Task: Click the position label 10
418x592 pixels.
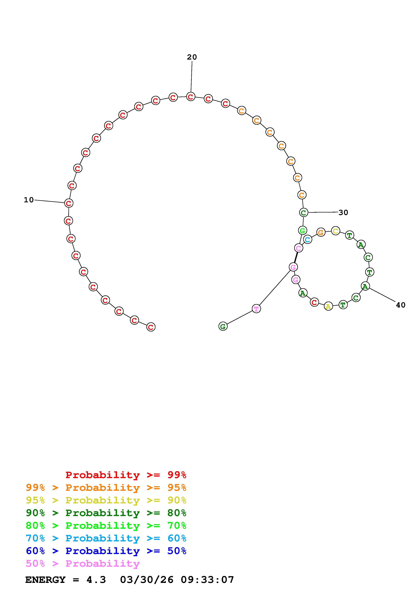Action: pyautogui.click(x=29, y=200)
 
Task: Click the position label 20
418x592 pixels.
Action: pyautogui.click(x=192, y=57)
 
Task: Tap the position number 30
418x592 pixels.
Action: pyautogui.click(x=343, y=212)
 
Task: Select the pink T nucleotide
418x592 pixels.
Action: pyautogui.click(x=256, y=309)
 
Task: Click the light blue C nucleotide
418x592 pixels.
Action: pyautogui.click(x=308, y=239)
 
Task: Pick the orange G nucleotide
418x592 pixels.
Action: pyautogui.click(x=321, y=233)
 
